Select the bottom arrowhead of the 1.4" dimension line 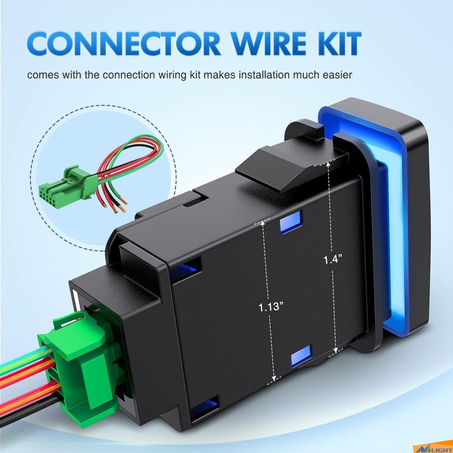pyautogui.click(x=336, y=350)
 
